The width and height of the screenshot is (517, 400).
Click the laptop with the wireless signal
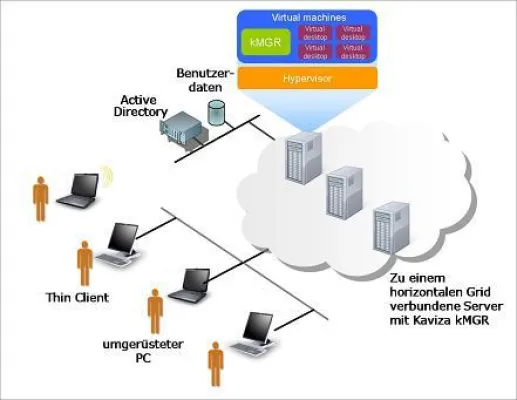(77, 189)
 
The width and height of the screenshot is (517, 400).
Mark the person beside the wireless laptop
(40, 199)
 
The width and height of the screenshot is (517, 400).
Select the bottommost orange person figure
(215, 367)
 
